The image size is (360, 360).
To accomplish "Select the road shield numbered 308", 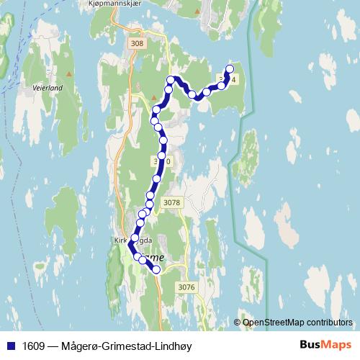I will coord(138,45).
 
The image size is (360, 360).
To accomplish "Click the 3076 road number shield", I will coord(186,287).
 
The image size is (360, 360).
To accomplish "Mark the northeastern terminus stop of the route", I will coord(229,69).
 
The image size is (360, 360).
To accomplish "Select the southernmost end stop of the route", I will coord(156,269).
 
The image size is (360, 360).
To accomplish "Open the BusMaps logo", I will coord(325,345).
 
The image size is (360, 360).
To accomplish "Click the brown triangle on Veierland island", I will coord(70,73).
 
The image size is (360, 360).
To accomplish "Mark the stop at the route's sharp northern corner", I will coord(171,78).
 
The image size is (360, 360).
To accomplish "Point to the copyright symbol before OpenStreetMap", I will coord(238,322).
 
